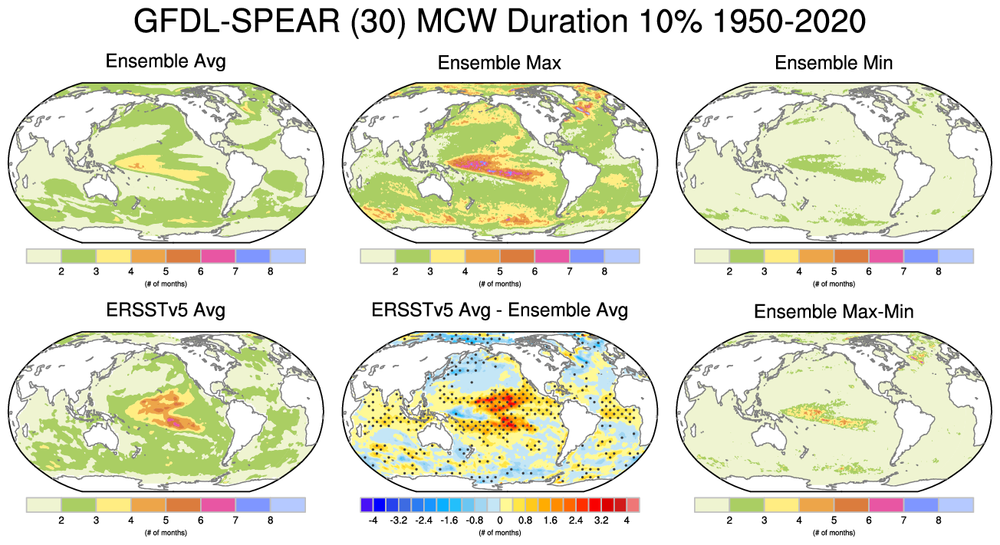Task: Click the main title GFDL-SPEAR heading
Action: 499,22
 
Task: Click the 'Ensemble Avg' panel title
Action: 166,61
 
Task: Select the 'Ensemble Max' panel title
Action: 499,63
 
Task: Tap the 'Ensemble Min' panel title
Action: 834,63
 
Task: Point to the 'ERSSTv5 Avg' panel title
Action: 166,311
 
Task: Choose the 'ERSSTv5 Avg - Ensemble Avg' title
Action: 499,310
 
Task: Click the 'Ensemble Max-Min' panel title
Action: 834,312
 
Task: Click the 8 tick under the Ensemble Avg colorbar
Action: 271,271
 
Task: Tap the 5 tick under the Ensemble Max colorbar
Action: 499,271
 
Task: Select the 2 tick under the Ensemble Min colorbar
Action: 729,271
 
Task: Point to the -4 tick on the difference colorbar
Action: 373,520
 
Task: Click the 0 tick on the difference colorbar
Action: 500,520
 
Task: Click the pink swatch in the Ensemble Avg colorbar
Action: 218,255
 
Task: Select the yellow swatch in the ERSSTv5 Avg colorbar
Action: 113,504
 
